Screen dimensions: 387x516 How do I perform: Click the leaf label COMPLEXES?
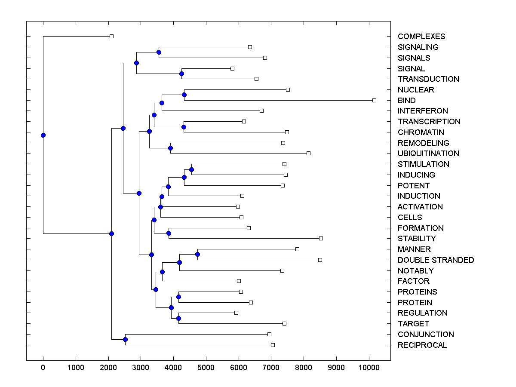[421, 37]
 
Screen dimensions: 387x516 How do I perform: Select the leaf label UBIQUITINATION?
[428, 154]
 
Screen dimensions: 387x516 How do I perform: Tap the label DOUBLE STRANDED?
[436, 260]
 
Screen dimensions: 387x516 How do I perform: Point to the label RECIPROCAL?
[422, 345]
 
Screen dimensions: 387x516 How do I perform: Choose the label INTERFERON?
[423, 111]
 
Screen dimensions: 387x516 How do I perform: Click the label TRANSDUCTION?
[428, 79]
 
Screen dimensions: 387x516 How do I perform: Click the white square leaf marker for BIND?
[374, 100]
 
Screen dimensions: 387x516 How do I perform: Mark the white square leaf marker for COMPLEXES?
[111, 36]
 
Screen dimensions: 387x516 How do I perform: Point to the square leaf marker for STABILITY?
[321, 238]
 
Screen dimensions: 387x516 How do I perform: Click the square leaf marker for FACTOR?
[239, 281]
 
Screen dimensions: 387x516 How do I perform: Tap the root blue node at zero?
[43, 135]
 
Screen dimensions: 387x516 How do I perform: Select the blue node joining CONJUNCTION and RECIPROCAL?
[125, 340]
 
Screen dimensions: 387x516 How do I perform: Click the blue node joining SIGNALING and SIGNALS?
[159, 52]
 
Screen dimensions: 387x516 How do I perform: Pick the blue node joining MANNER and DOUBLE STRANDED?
[197, 254]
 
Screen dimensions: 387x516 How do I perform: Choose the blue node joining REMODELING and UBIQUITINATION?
[170, 148]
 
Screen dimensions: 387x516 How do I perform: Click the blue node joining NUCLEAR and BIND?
[184, 95]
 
